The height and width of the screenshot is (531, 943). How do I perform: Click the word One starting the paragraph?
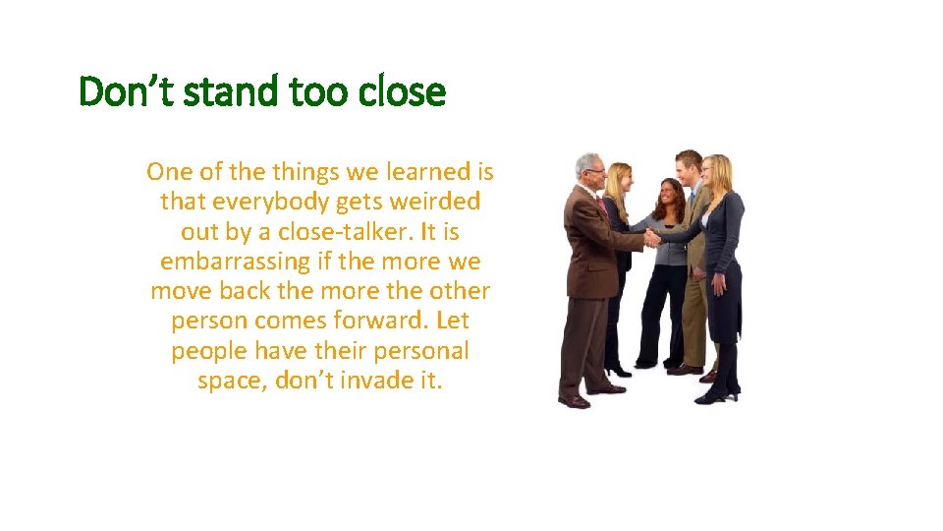168,172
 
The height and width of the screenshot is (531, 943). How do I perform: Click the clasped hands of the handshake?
651,237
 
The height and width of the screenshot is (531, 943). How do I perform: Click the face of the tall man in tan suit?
691,169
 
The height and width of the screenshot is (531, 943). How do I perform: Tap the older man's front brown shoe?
574,400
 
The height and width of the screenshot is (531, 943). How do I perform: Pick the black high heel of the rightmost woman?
709,396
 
